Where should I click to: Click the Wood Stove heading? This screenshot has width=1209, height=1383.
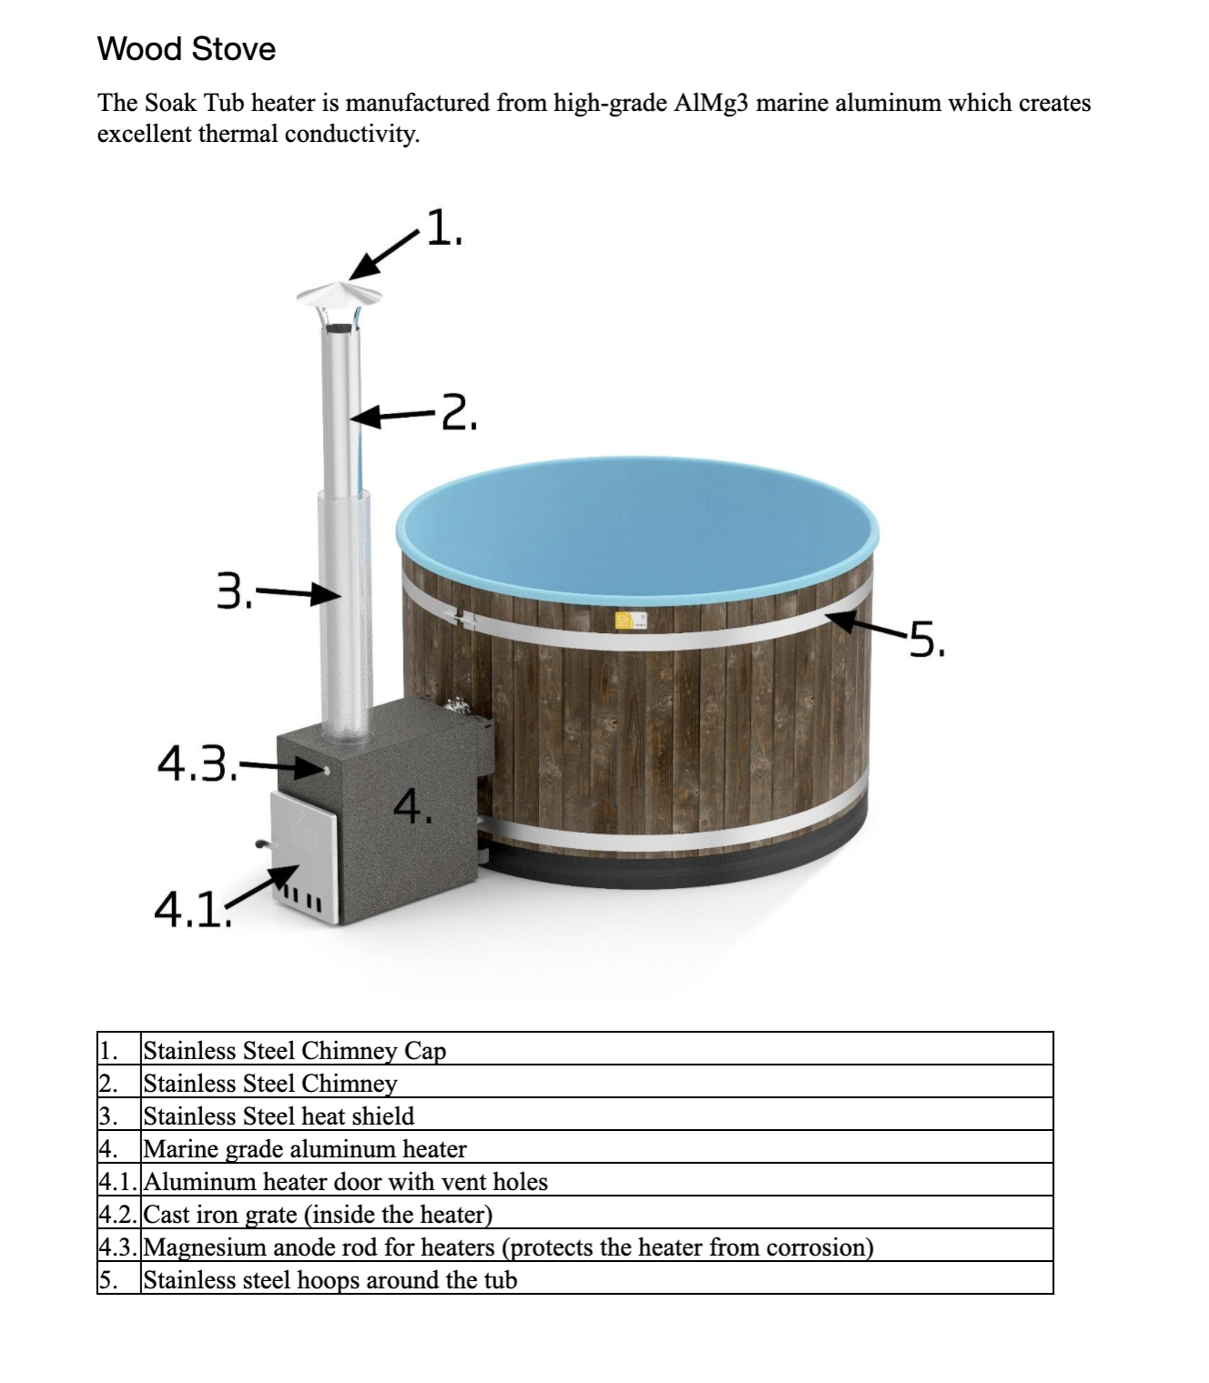(x=186, y=49)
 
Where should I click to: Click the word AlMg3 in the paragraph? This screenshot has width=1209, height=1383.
(x=711, y=103)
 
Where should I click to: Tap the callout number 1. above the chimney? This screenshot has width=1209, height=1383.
(x=444, y=227)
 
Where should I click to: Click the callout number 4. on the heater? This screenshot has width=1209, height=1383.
(x=412, y=806)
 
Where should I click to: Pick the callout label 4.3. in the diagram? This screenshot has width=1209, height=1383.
(x=197, y=763)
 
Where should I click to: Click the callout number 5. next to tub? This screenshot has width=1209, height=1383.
(x=927, y=640)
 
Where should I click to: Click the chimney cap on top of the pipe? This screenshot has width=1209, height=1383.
(x=340, y=295)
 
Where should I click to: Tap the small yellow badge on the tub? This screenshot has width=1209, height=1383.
(x=625, y=621)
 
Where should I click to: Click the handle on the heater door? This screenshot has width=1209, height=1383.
(x=263, y=844)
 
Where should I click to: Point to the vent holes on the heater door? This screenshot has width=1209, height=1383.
(x=303, y=902)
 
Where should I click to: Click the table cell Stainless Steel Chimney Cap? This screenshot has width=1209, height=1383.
(x=295, y=1050)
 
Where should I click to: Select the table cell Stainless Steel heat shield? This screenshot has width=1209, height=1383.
(x=279, y=1115)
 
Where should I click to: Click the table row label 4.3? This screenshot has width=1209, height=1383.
(x=118, y=1247)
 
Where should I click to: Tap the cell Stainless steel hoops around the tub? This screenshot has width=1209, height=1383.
(x=330, y=1279)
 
